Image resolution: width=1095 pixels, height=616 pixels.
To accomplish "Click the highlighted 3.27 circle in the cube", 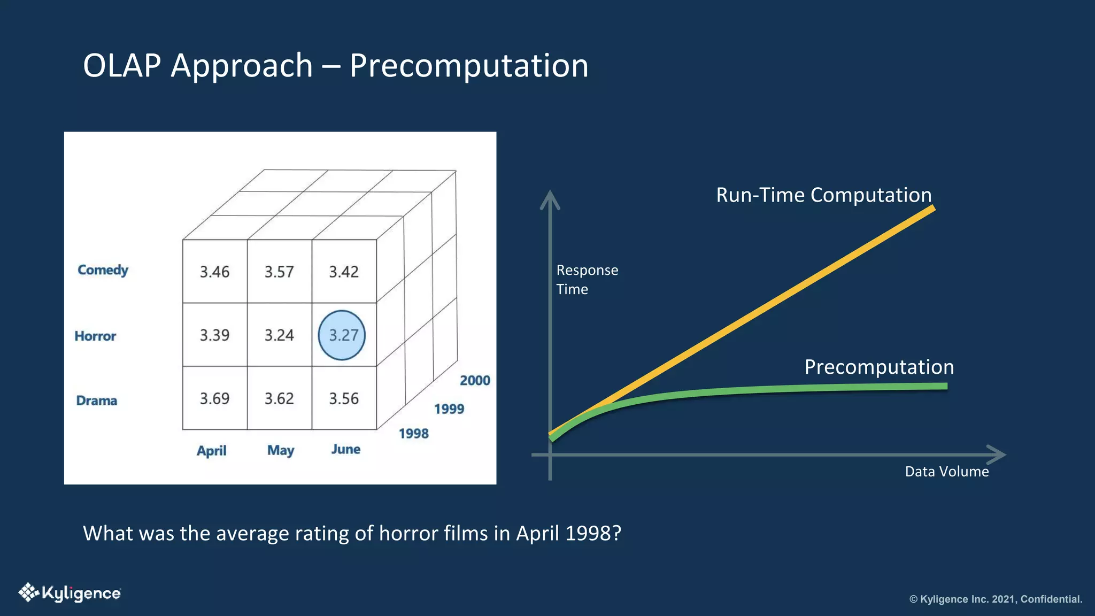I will click(x=342, y=335).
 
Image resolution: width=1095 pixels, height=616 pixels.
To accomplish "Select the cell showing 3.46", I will click(x=214, y=272).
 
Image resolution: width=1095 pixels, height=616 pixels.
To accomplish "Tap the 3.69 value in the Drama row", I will click(x=214, y=398).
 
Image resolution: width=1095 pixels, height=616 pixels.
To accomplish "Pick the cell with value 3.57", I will click(x=279, y=272).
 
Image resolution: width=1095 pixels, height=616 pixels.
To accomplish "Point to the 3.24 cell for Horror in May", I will click(x=279, y=335).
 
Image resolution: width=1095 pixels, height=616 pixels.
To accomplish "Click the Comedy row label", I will click(x=103, y=270).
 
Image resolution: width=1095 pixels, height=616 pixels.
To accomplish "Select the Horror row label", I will click(x=95, y=336).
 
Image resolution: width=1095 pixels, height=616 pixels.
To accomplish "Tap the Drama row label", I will click(x=96, y=401).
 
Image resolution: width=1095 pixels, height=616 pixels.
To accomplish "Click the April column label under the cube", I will click(x=212, y=451).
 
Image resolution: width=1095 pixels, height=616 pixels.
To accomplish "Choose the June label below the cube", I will click(x=345, y=449).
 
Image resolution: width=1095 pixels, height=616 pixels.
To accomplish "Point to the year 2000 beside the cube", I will click(x=475, y=381).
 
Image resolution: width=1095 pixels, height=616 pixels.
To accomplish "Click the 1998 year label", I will click(x=414, y=434).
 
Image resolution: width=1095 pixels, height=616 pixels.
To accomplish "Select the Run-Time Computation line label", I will click(x=823, y=195).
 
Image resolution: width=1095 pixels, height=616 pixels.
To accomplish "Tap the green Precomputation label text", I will click(x=879, y=367).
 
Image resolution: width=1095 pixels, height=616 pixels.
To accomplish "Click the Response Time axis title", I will click(x=587, y=280).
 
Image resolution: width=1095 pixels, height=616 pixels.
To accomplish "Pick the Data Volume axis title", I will click(x=946, y=472).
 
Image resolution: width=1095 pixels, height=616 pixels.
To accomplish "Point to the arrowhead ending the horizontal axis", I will click(x=997, y=455).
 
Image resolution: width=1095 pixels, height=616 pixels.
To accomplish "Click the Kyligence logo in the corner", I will click(x=70, y=593).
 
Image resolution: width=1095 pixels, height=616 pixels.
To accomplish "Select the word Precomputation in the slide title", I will click(x=469, y=66).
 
